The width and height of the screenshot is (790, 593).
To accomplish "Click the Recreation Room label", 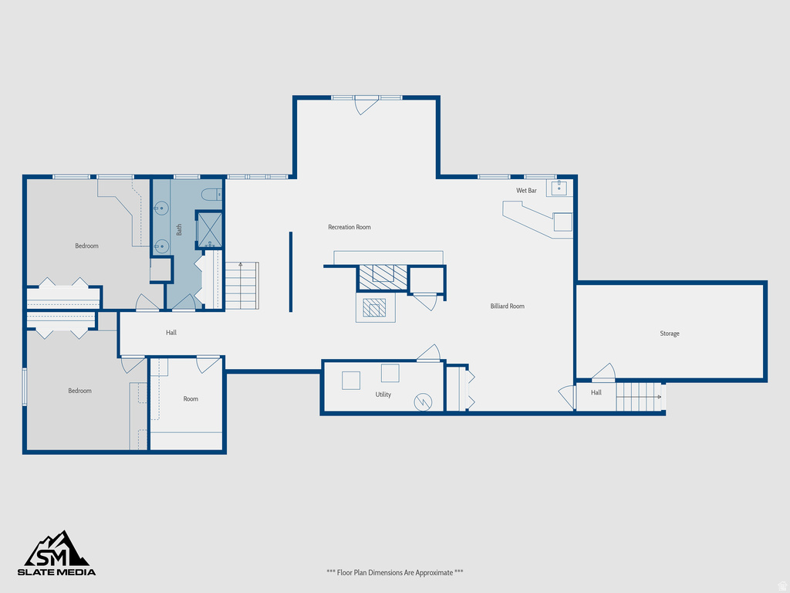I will click(349, 227).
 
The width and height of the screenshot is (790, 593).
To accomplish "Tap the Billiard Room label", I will click(507, 307).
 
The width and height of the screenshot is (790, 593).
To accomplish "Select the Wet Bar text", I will click(526, 191).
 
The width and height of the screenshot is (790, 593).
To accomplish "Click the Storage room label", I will click(670, 334).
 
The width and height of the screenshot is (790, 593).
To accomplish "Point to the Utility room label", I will click(383, 395).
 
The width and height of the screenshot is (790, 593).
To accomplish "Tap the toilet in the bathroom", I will click(211, 195).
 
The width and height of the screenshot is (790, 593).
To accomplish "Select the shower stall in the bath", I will click(210, 229).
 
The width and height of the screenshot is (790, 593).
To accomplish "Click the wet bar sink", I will click(559, 188).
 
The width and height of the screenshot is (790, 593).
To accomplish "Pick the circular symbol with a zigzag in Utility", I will click(423, 402).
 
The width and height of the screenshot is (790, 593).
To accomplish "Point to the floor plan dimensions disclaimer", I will click(394, 572).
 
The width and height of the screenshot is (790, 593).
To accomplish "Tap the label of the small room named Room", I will click(191, 399).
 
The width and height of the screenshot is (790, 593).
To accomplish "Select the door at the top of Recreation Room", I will click(366, 105).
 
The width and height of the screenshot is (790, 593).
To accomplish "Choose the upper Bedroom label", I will click(86, 246).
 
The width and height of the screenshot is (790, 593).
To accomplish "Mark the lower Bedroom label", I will click(79, 391).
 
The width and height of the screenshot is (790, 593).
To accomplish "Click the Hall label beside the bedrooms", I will click(171, 333).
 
